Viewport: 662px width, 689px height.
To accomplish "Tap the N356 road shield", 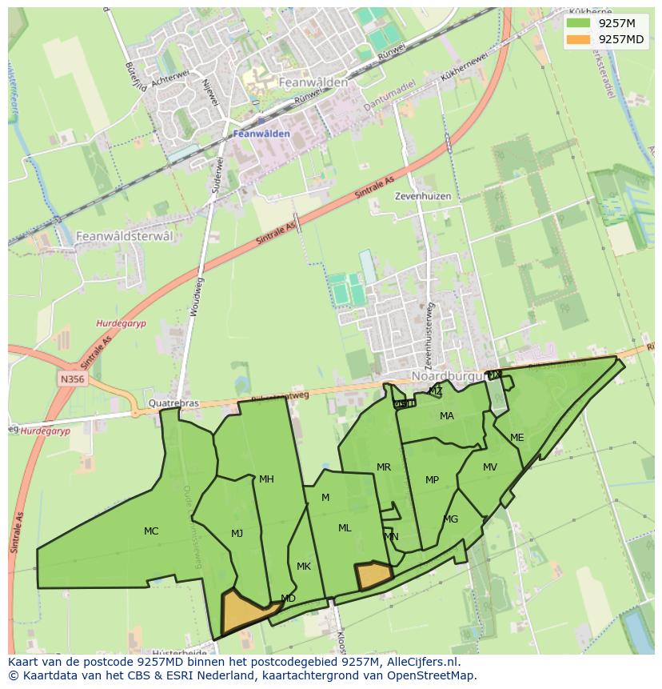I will (70, 377).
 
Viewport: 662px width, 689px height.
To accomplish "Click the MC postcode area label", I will (151, 531).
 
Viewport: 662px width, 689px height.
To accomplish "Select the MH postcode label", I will (266, 479).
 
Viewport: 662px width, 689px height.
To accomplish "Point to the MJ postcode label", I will (237, 534).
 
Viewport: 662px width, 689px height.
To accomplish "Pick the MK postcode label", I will (304, 567).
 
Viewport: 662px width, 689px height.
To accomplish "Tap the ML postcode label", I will (345, 528).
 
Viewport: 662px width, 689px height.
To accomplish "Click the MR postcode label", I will (384, 467).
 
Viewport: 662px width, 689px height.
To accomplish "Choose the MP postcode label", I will (432, 480).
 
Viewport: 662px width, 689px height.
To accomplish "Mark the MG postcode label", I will (451, 519).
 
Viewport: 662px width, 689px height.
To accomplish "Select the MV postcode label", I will (490, 467).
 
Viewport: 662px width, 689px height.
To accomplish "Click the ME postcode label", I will (517, 438).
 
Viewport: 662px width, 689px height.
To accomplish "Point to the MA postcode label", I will (447, 416).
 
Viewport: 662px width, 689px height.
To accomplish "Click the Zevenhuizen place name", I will (423, 196).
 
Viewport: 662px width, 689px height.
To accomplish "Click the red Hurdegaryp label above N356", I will (117, 323).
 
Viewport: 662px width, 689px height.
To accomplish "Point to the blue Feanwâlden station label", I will (262, 134).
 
